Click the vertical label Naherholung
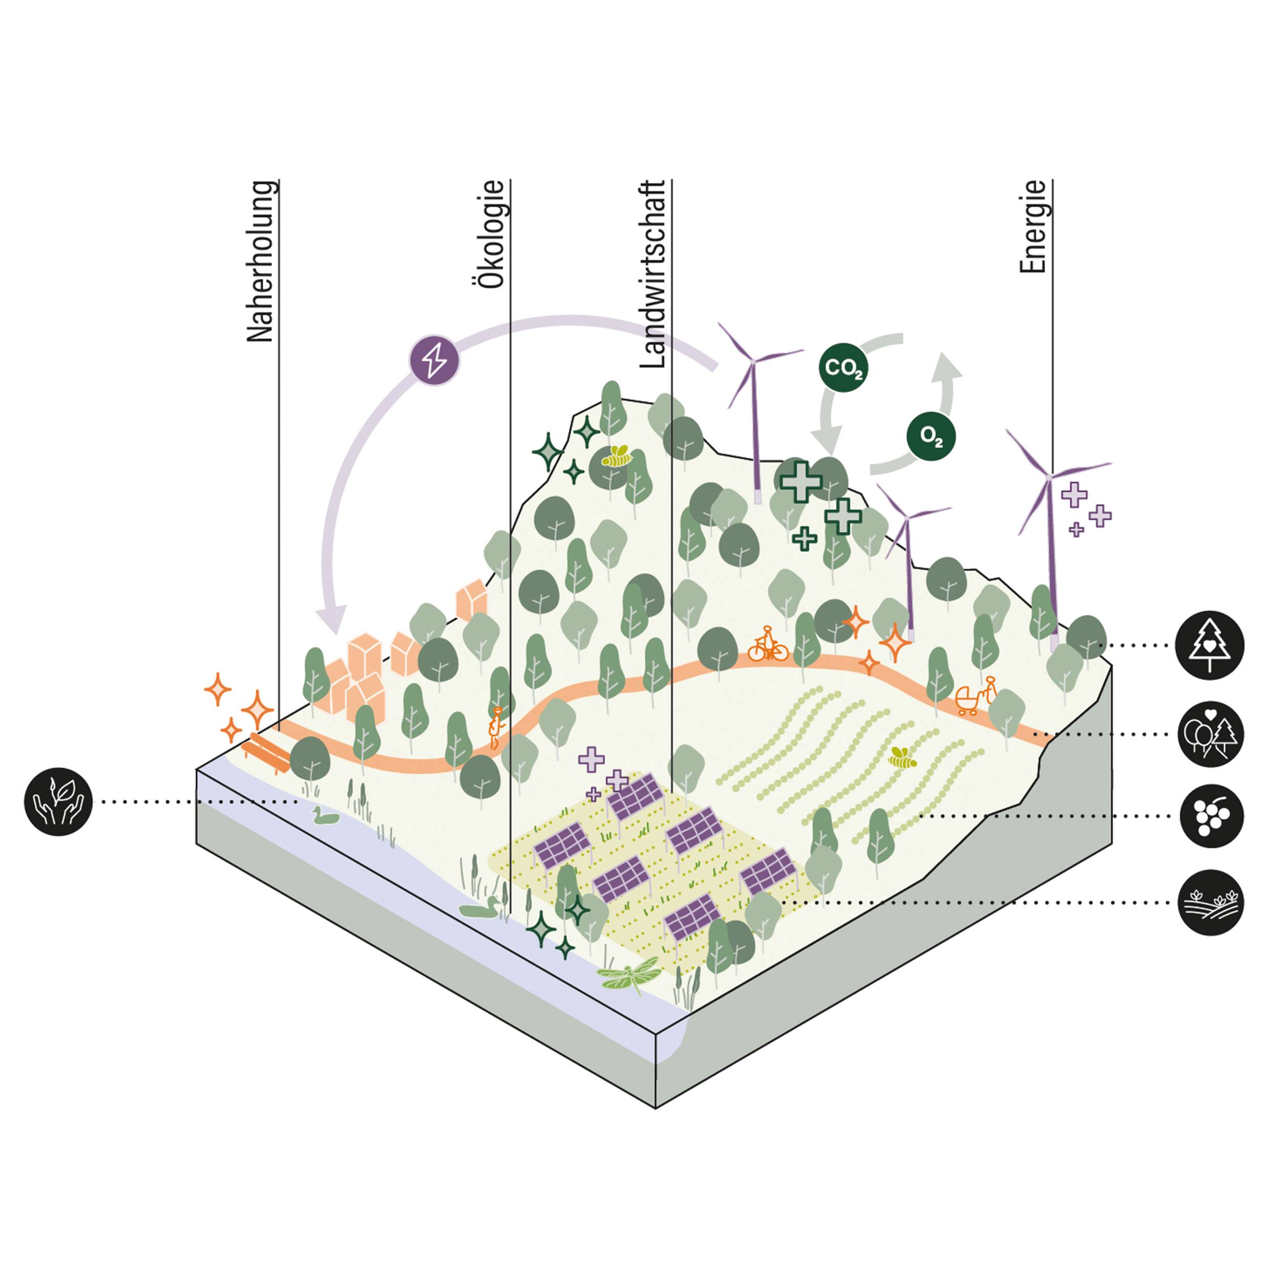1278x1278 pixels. pos(260,261)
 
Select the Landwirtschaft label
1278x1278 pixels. pos(652,274)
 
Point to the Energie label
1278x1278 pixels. pos(1033,227)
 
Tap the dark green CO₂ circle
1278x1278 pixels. pos(843,367)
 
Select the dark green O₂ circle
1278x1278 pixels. pos(931,436)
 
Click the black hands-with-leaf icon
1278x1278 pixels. pos(58,801)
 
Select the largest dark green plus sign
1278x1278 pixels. pos(801,481)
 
